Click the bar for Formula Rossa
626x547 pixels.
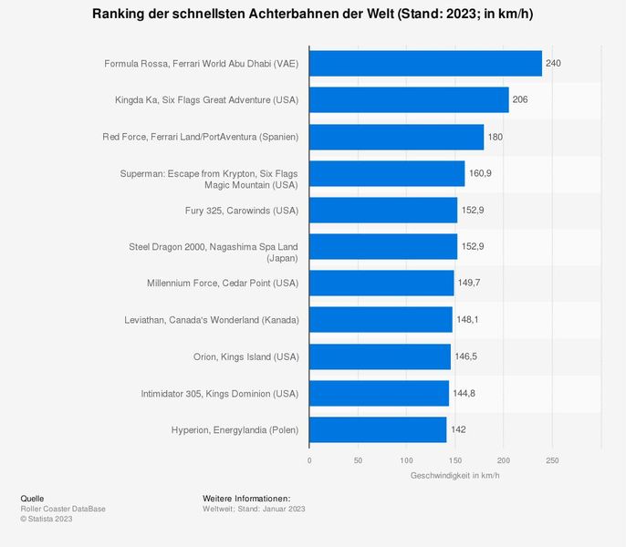pyautogui.click(x=425, y=64)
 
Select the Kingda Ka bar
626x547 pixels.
pyautogui.click(x=409, y=100)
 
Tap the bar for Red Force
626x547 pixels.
pyautogui.click(x=396, y=137)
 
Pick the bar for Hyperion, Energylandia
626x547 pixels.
pyautogui.click(x=378, y=429)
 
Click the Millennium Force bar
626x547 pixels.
pyautogui.click(x=381, y=283)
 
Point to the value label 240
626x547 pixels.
pyautogui.click(x=553, y=64)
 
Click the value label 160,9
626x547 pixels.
pyautogui.click(x=480, y=173)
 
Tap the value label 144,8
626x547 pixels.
pyautogui.click(x=464, y=393)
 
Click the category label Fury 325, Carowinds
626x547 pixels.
pyautogui.click(x=241, y=210)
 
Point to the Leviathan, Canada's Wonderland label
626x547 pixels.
pyautogui.click(x=211, y=320)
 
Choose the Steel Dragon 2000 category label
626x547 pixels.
pyautogui.click(x=214, y=247)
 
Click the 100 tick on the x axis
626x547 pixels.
pyautogui.click(x=407, y=460)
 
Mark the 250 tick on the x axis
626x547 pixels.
pyautogui.click(x=552, y=460)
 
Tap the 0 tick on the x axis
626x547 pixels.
pyautogui.click(x=309, y=460)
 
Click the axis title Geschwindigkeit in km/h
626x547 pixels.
pyautogui.click(x=455, y=476)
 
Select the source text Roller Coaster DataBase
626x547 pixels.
pyautogui.click(x=63, y=509)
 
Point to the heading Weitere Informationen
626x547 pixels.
pyautogui.click(x=246, y=499)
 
